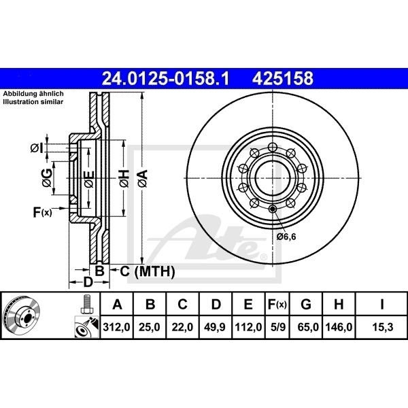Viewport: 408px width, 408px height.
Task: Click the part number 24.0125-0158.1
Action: coord(165,79)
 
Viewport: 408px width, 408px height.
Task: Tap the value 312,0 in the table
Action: coord(116,327)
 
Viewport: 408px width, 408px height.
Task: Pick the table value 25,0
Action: coord(150,327)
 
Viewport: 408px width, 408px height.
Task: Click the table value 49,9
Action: coord(216,327)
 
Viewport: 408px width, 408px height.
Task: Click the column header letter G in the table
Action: coord(306,305)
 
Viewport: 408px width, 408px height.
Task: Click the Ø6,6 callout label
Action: coord(288,236)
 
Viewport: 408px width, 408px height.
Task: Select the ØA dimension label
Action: coord(142,179)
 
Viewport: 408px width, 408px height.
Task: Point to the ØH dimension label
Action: coord(124,179)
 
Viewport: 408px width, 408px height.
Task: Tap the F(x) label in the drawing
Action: coord(42,213)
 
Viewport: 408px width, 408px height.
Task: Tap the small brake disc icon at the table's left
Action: coord(25,316)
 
